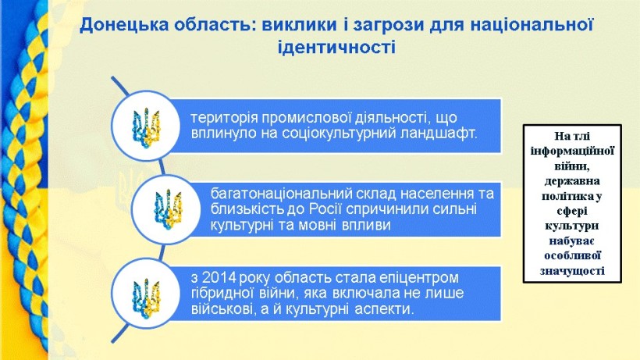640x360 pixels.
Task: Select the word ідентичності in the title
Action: click(x=336, y=48)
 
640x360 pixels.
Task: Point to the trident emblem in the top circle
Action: click(x=145, y=126)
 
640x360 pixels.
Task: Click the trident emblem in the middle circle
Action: click(x=167, y=209)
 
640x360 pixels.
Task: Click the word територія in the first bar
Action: click(x=224, y=119)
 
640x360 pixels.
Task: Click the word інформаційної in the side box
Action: click(x=572, y=151)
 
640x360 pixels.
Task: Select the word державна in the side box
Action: click(x=571, y=181)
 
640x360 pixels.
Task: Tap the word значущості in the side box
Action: click(x=572, y=271)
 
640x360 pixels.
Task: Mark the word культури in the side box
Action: click(x=571, y=226)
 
